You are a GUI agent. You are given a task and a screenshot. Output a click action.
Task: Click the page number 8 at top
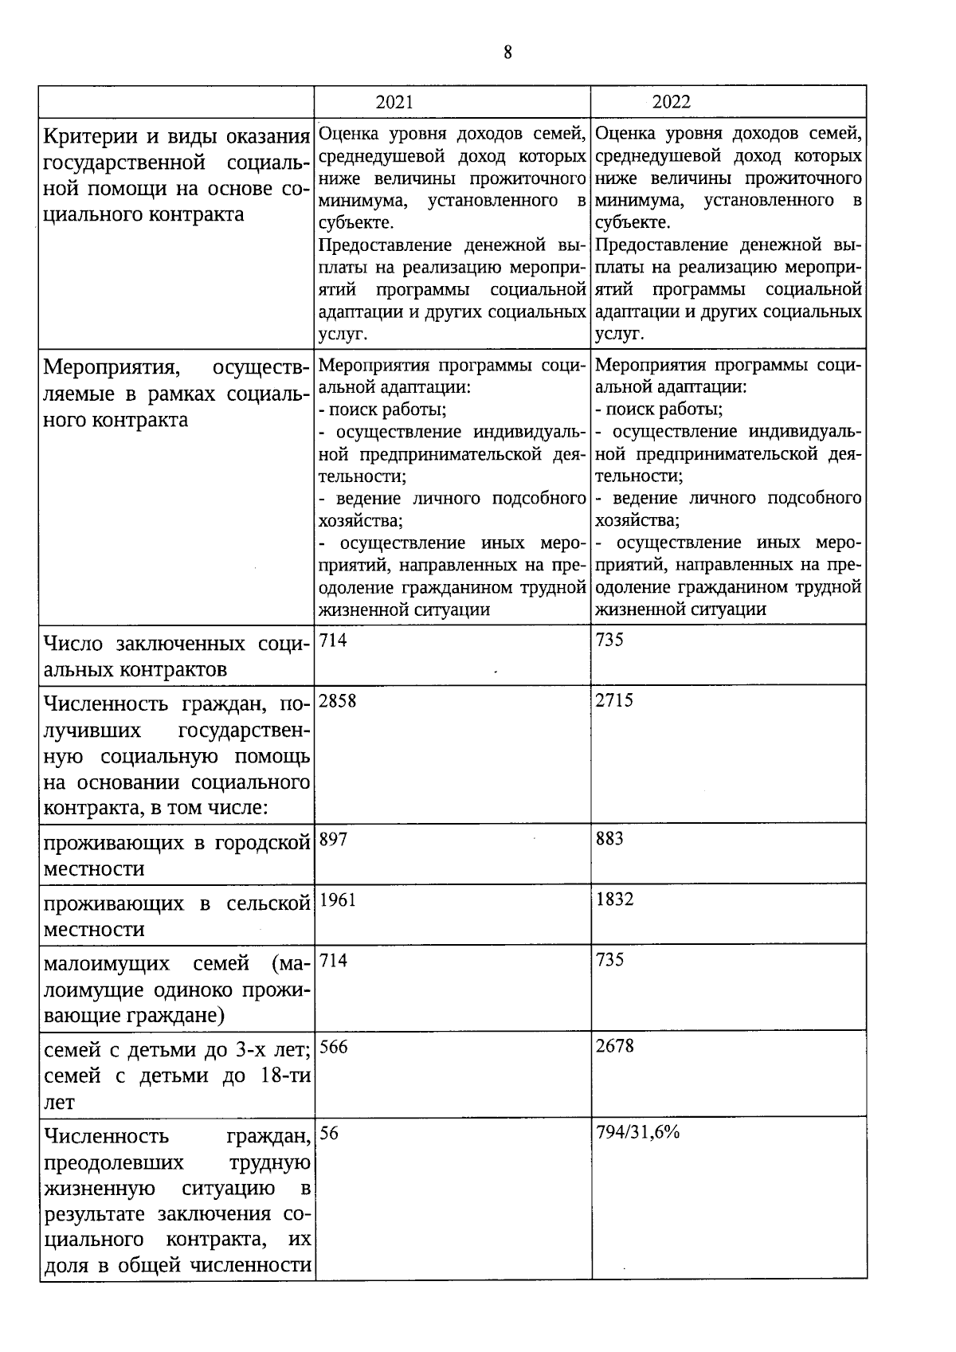click(507, 53)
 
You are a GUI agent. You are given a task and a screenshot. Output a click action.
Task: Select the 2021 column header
click(394, 102)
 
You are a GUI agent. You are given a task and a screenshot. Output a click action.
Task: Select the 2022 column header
click(671, 102)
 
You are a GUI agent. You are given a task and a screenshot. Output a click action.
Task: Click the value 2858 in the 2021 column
click(338, 701)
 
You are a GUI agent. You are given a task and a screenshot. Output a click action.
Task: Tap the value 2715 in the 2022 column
click(614, 701)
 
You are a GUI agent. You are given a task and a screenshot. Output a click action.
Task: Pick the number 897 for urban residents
click(333, 839)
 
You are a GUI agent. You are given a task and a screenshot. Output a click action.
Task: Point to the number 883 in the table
click(609, 839)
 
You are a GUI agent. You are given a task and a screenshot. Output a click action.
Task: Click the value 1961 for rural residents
click(338, 899)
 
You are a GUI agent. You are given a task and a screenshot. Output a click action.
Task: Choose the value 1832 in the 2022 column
click(614, 899)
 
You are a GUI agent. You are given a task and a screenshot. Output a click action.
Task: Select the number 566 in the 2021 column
click(333, 1047)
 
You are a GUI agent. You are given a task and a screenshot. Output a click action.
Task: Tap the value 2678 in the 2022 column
click(614, 1046)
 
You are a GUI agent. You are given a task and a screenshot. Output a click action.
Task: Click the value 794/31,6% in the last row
click(637, 1132)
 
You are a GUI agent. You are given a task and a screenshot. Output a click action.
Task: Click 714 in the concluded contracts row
click(333, 641)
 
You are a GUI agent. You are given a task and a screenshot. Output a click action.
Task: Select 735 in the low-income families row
click(609, 960)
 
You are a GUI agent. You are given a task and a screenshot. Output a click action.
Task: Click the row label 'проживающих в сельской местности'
click(176, 916)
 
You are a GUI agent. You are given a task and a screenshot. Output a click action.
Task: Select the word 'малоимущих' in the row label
click(107, 964)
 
